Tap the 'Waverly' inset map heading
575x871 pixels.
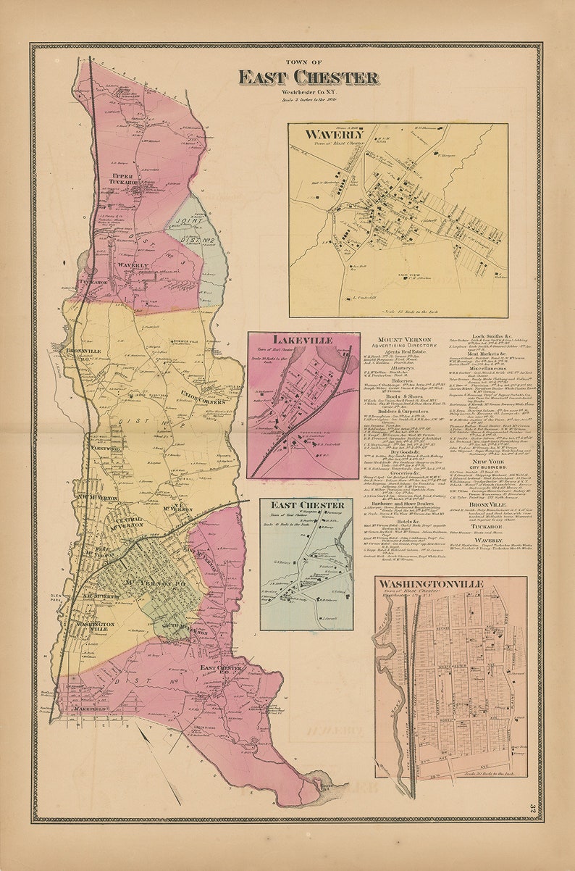point(334,135)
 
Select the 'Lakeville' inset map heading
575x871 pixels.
point(303,340)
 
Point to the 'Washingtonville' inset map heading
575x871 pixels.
point(449,583)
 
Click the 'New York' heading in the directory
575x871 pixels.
point(487,461)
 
